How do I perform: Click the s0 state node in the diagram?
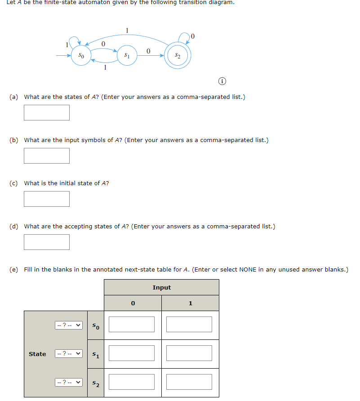(80, 56)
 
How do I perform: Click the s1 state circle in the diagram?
(127, 56)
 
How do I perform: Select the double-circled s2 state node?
(178, 56)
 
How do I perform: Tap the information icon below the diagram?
(222, 82)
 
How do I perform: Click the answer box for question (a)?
(47, 112)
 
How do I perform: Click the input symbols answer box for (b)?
(47, 156)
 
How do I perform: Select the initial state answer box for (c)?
(47, 199)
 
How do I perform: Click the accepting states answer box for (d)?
(47, 242)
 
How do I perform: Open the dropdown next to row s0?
(69, 325)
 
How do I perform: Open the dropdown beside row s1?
(69, 354)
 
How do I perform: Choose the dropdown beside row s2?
(69, 382)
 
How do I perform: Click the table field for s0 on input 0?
(132, 325)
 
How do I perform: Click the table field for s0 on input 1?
(189, 325)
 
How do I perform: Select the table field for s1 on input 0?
(132, 353)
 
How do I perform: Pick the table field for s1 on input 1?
(189, 353)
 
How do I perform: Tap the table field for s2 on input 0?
(132, 382)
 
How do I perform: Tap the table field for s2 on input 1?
(189, 382)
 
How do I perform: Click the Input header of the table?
(162, 287)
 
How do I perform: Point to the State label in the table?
(37, 354)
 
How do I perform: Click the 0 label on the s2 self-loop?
(193, 36)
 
